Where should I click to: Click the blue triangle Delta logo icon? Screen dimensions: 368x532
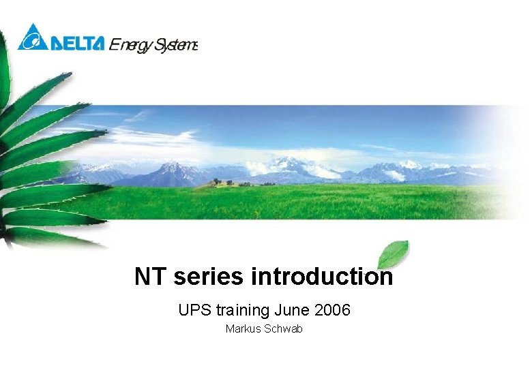tap(32, 37)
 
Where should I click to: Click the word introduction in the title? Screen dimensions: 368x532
tap(322, 277)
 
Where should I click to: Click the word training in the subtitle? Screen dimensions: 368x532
tap(243, 311)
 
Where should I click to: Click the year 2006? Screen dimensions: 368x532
tap(333, 311)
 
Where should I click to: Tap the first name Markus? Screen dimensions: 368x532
tap(241, 329)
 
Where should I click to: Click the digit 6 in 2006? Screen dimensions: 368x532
tap(346, 311)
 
